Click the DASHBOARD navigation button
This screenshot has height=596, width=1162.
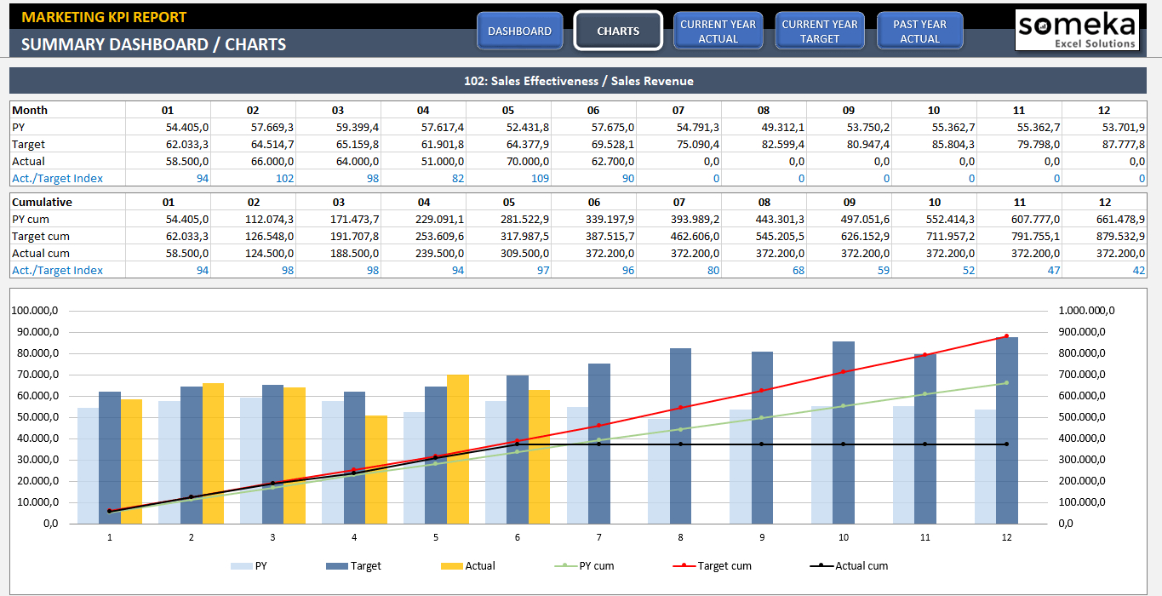click(519, 31)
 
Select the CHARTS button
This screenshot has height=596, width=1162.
click(618, 31)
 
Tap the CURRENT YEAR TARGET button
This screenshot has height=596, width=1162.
click(820, 31)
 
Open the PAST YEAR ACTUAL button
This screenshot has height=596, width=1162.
click(919, 31)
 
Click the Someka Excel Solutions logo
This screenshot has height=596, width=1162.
click(1077, 31)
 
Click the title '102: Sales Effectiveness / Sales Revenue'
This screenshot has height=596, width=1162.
click(578, 81)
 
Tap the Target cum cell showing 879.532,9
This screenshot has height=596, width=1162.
click(1119, 236)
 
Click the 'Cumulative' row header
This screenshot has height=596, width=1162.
click(42, 202)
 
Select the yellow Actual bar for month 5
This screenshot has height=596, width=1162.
click(458, 449)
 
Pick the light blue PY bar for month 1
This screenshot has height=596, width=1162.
click(88, 466)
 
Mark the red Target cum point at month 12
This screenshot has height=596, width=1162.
click(1006, 336)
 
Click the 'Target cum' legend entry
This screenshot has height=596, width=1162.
click(724, 565)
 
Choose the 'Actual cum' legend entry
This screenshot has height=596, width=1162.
click(861, 565)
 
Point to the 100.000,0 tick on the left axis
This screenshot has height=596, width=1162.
click(35, 311)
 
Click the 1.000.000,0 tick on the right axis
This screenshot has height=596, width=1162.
click(1086, 311)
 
